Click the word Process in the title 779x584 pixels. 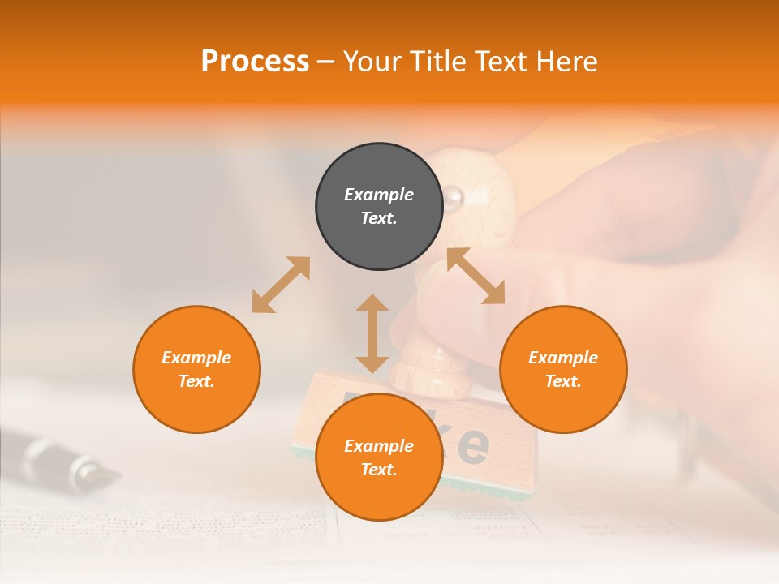(255, 62)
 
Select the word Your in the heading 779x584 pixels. (372, 62)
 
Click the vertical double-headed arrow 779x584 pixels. (372, 333)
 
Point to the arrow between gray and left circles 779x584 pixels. (281, 285)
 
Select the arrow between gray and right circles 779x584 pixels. (476, 276)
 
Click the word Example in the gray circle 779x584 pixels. (379, 195)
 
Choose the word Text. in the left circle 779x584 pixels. (196, 381)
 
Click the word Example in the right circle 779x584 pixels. (563, 358)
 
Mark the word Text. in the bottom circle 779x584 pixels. (379, 470)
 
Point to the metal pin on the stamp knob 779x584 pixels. (451, 195)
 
